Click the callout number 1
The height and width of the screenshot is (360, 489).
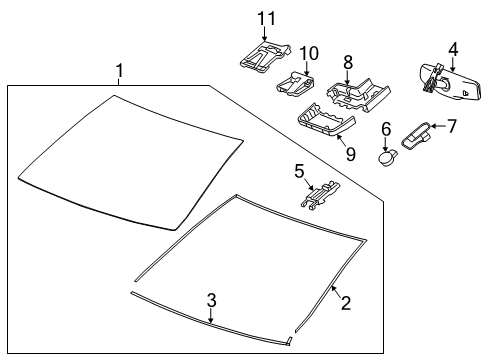tap(119, 70)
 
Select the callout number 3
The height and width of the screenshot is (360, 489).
tap(211, 299)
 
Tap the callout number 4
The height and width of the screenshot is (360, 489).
tap(453, 48)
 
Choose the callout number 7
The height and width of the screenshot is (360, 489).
tap(451, 127)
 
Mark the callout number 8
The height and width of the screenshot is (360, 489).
tap(348, 62)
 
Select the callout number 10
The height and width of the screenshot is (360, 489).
tap(308, 52)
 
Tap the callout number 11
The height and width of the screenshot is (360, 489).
tap(265, 18)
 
